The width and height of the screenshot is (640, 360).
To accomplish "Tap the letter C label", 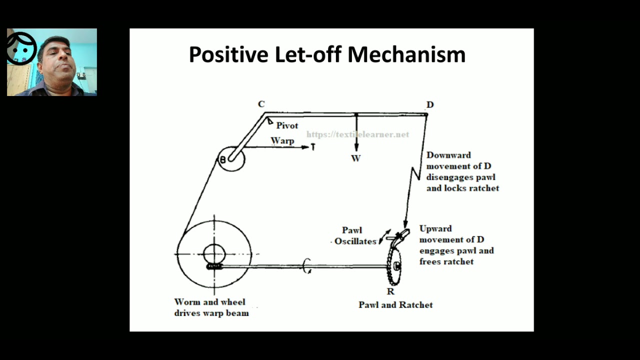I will (x=261, y=104).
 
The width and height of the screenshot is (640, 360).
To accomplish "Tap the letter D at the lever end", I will (x=430, y=104).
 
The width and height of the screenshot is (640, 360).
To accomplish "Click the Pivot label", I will (x=287, y=125).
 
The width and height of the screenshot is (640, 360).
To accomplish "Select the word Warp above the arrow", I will (x=282, y=140).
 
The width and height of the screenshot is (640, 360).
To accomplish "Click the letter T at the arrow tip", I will (x=313, y=147).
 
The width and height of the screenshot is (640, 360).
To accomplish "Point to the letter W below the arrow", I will (x=355, y=158).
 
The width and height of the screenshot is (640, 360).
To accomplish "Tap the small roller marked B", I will (x=230, y=159).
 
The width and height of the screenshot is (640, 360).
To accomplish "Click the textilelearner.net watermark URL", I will (x=357, y=134).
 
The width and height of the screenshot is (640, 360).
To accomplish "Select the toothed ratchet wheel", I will (x=393, y=265).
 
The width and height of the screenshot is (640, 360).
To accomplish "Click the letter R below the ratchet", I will (x=390, y=291).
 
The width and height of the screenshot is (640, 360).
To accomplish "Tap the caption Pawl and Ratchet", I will (x=395, y=304).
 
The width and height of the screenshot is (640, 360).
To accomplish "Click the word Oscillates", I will (x=355, y=241).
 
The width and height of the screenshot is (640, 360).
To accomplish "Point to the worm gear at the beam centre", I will (x=214, y=266).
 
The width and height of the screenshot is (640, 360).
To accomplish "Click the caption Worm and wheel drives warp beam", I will (x=211, y=307).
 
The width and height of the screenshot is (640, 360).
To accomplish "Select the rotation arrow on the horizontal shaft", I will (x=307, y=266).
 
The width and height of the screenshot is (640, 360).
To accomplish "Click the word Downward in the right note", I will (x=448, y=155).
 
